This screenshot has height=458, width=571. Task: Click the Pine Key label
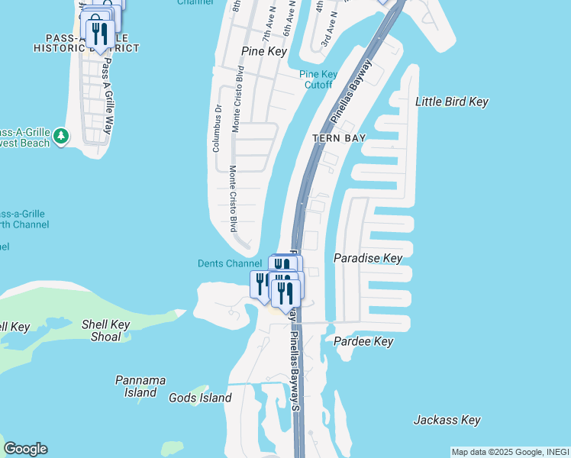[x=263, y=51]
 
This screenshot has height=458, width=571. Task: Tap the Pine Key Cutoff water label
[x=318, y=79]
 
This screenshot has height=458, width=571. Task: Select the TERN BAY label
[x=339, y=138]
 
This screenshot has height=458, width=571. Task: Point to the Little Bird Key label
[x=451, y=102]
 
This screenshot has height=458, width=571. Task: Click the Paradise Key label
[x=368, y=258]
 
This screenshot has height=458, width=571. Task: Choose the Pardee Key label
[x=363, y=341]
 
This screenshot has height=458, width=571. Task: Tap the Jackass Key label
[x=447, y=420]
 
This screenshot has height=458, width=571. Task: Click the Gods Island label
[x=200, y=398]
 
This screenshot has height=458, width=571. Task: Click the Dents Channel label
[x=230, y=264]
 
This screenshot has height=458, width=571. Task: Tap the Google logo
[x=25, y=449]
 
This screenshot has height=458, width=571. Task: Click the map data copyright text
[x=509, y=452]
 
